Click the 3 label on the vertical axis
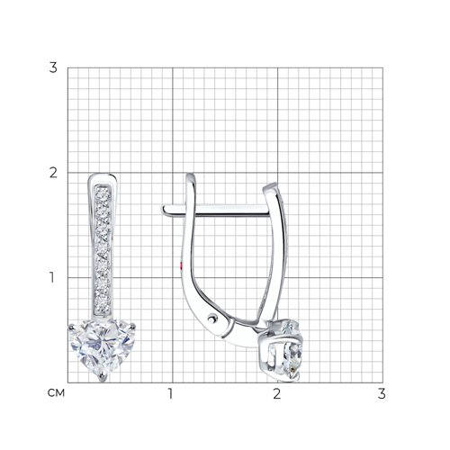click(53, 67)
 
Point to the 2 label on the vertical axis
click(53, 173)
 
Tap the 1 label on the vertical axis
click(52, 277)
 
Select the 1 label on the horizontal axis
click(170, 393)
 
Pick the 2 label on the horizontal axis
click(276, 393)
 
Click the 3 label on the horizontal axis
click(382, 393)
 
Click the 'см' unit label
click(56, 393)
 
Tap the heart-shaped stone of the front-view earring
click(102, 348)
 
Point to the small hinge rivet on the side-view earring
click(212, 318)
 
